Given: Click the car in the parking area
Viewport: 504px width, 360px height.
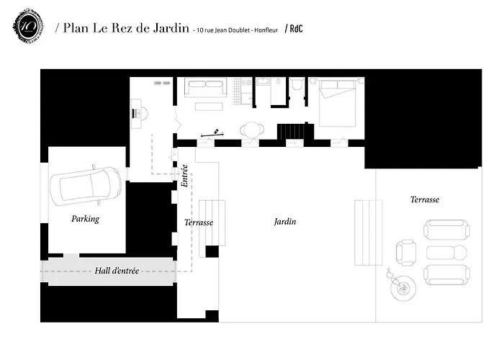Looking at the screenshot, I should point(86,186).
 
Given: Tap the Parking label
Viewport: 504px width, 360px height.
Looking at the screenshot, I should point(85,219).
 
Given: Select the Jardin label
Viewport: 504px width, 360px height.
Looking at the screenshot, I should point(285,222).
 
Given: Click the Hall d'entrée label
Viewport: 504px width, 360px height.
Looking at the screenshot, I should point(117,271).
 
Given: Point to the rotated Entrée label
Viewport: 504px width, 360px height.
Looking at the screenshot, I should point(184,176).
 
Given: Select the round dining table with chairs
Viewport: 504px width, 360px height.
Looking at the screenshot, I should point(251,130).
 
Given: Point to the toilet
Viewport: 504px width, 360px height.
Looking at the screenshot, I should point(297,87).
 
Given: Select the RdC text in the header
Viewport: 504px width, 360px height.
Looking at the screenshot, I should point(294,29).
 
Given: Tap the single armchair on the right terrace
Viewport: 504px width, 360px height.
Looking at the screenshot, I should point(406,252).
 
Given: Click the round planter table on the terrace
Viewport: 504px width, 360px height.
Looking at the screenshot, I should point(402,289).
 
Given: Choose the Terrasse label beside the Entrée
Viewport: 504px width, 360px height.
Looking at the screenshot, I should point(199,222).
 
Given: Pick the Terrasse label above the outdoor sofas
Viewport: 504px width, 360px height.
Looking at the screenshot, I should point(424,199).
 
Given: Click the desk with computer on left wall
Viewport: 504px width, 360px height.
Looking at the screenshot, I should point(139,112).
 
